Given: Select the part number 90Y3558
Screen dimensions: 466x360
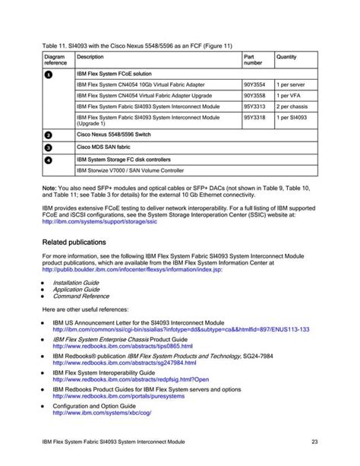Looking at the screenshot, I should pos(254,97).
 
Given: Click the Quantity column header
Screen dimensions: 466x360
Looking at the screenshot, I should pos(286,56).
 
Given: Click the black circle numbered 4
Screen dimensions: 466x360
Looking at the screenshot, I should pos(49,160).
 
